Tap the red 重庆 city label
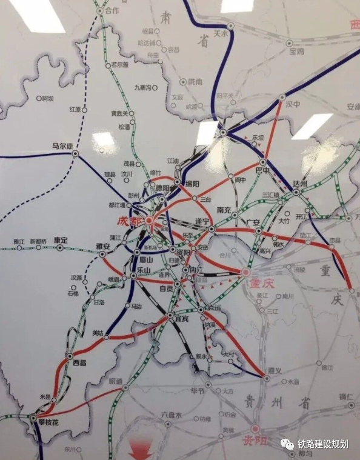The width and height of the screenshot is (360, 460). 259,283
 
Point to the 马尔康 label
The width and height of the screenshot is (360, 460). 62,146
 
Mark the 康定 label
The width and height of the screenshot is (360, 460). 60,239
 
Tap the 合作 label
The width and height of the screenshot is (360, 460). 112,11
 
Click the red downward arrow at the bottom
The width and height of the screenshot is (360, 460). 140,449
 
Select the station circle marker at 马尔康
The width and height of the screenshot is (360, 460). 76,154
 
